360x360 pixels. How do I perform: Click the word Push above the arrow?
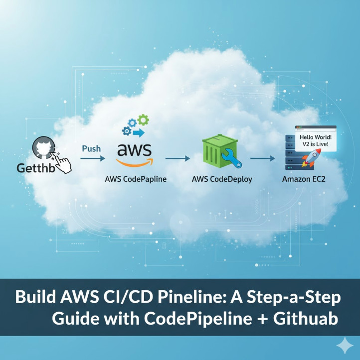tap(91, 148)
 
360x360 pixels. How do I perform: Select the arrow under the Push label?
tap(92, 158)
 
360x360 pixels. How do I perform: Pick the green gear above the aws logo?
tap(143, 120)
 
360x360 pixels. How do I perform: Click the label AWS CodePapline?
tap(136, 179)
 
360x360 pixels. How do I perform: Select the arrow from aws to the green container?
tap(178, 158)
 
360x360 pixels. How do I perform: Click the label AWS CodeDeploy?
tap(222, 179)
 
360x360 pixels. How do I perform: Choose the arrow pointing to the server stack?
tap(263, 158)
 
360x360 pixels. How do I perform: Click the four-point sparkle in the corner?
tap(344, 345)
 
